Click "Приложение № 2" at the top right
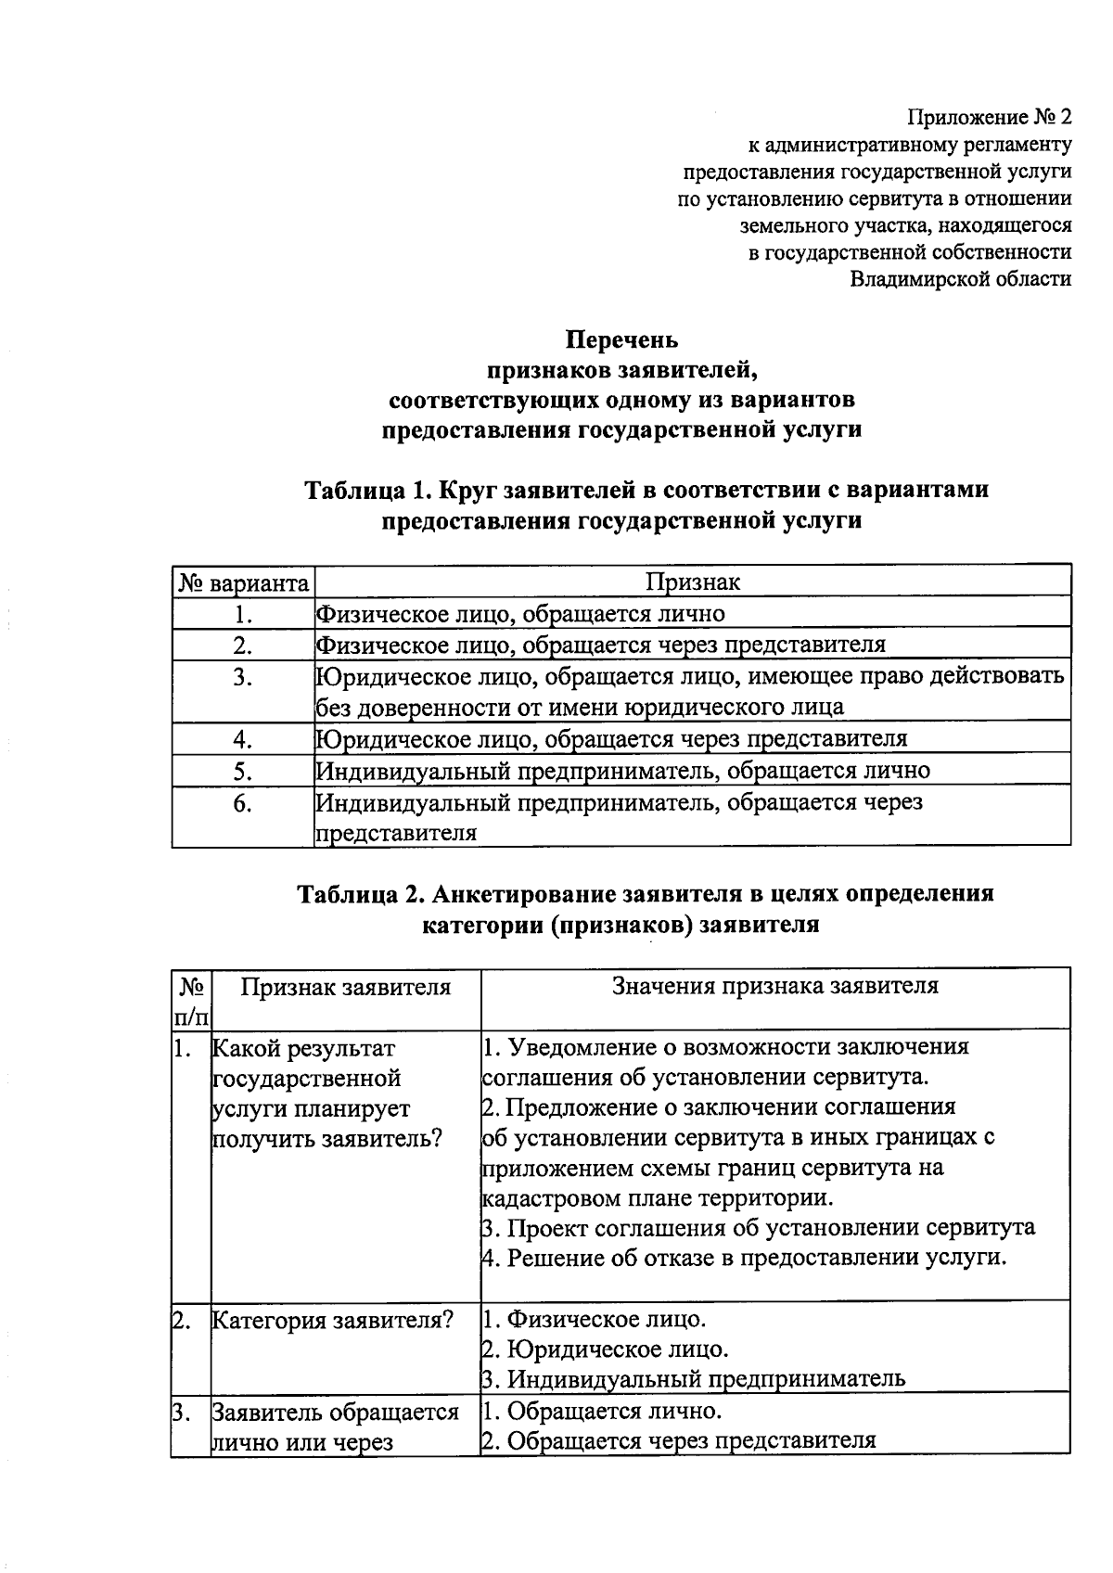[989, 118]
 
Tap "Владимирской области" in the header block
[961, 278]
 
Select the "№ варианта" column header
[243, 583]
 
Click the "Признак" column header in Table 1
[693, 582]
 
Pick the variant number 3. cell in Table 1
[243, 678]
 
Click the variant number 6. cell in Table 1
[243, 803]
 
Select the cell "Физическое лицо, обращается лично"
[520, 613]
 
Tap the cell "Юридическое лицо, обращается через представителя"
[611, 739]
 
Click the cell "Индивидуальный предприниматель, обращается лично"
[622, 771]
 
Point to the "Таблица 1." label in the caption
[367, 489]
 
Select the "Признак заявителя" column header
[346, 987]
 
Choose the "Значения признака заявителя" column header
[774, 986]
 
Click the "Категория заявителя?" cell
[332, 1320]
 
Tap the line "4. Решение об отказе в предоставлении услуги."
[744, 1259]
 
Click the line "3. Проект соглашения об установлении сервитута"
[758, 1228]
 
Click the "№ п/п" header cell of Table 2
[191, 1000]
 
